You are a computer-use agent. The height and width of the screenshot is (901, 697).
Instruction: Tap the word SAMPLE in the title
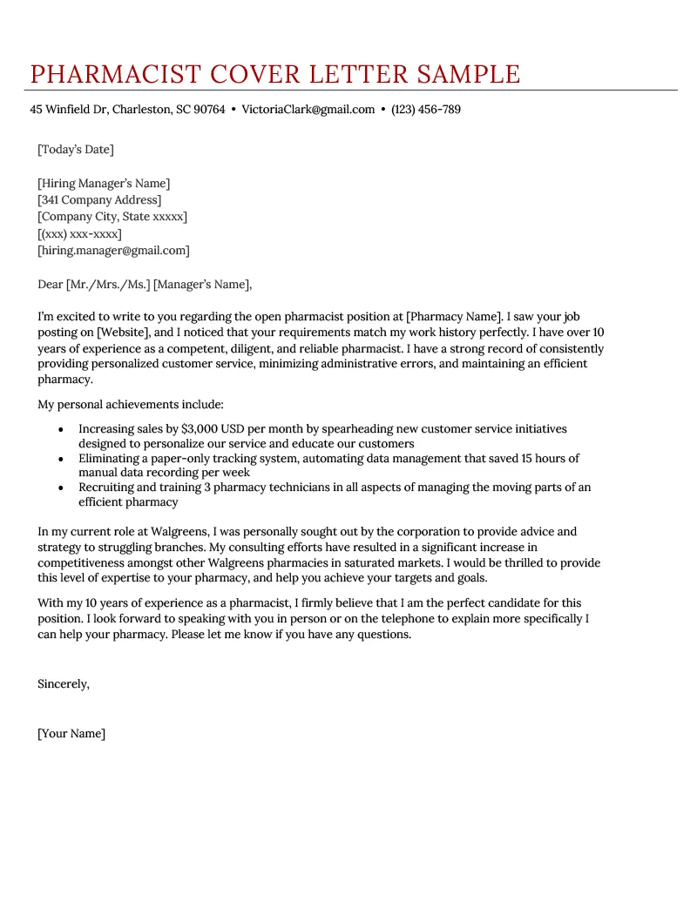469,74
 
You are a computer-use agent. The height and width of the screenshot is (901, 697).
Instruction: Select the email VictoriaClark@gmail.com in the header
308,110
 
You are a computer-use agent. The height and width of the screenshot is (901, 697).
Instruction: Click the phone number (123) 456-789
426,110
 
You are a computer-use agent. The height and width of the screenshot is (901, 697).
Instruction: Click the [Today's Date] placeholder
75,150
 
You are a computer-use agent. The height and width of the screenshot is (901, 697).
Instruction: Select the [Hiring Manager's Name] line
104,184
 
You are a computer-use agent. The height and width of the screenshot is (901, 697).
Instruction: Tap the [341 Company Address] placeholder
99,200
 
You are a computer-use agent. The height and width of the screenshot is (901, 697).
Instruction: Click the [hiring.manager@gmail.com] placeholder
113,251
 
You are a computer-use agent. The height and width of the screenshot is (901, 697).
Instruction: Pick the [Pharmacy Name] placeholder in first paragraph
455,316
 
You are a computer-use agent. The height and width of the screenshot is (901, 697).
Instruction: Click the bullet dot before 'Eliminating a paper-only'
60,458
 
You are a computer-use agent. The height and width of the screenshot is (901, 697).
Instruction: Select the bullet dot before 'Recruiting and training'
60,487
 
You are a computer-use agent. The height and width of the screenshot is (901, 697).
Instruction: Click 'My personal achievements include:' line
131,405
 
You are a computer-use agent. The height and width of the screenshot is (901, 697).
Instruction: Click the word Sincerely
63,684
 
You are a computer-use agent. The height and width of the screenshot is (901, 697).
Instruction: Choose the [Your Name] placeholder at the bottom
71,734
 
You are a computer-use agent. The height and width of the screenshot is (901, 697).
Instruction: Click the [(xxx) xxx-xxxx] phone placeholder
79,234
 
